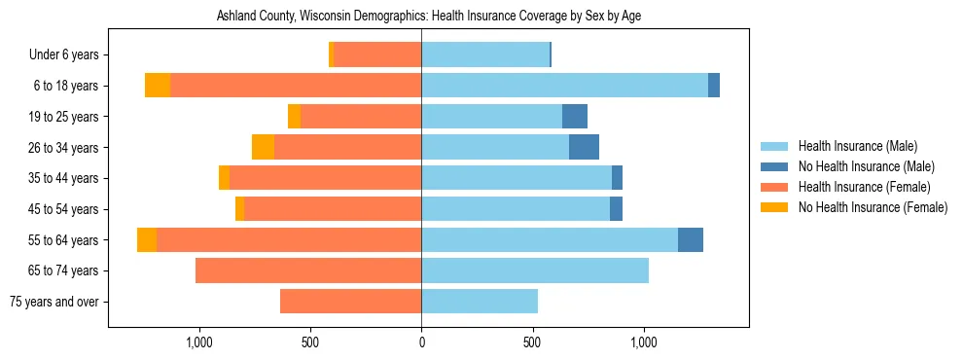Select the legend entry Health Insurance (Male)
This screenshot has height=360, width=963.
(856, 146)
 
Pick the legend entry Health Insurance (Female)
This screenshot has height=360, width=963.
(864, 187)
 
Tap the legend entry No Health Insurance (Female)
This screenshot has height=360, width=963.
(873, 207)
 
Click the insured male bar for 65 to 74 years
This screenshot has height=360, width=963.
(535, 270)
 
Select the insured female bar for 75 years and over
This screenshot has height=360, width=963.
(350, 302)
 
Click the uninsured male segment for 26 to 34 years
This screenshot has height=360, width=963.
(584, 148)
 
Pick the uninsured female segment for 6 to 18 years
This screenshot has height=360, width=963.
(158, 86)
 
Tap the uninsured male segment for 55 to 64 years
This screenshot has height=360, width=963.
(691, 240)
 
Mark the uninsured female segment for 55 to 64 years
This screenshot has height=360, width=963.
(147, 240)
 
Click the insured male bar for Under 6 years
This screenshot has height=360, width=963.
(485, 55)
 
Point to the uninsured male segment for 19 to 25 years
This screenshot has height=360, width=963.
(575, 117)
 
